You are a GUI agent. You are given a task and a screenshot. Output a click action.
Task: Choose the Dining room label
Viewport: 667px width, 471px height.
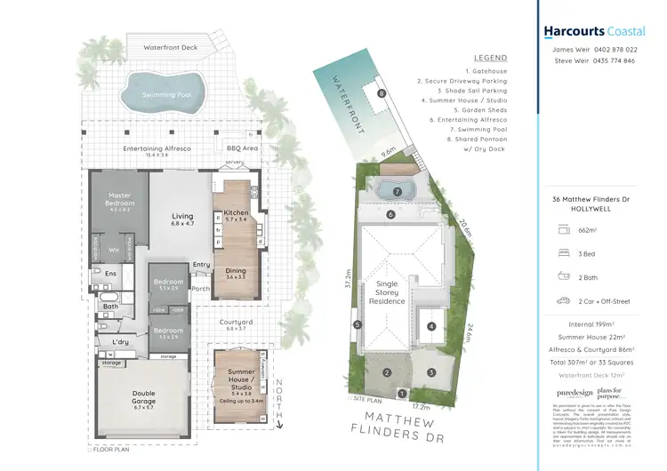(236, 274)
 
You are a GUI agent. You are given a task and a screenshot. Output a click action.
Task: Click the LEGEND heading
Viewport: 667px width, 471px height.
(491, 57)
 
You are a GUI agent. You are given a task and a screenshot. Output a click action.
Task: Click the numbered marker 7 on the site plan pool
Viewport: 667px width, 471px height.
(398, 191)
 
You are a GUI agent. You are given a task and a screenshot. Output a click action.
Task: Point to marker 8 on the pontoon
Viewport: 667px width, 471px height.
(381, 93)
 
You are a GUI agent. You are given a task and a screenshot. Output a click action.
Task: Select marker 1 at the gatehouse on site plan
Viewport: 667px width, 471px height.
(401, 394)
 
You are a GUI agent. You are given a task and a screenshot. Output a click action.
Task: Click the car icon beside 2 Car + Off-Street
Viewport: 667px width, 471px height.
(562, 300)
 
